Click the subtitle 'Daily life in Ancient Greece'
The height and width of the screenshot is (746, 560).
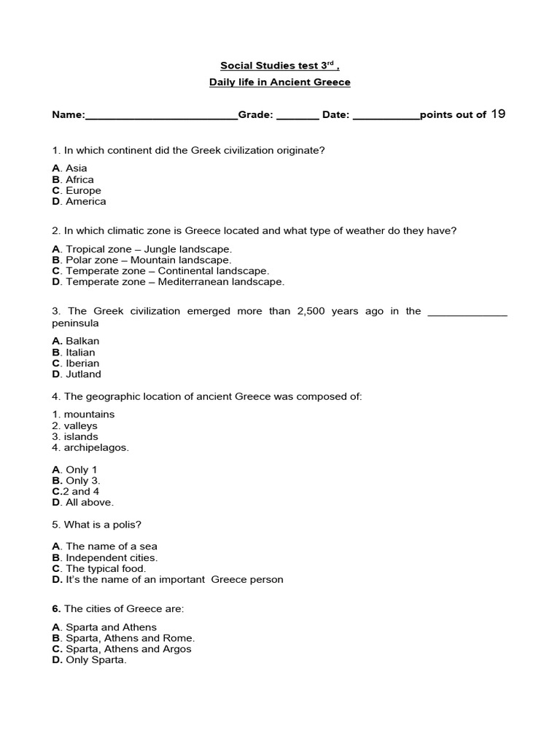[x=279, y=82]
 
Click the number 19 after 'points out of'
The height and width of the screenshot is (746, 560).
[x=498, y=114]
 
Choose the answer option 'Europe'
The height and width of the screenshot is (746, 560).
[x=83, y=190]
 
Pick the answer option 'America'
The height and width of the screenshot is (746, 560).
[x=85, y=201]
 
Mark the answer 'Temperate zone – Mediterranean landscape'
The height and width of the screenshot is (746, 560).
[x=175, y=281]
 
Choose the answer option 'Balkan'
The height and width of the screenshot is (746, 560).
[x=82, y=341]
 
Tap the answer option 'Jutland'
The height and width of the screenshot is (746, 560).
[x=83, y=374]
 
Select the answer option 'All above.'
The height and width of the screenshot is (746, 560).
[x=90, y=502]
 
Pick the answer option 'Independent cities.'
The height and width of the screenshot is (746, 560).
[x=111, y=557]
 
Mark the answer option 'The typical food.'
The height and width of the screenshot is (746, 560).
[x=106, y=568]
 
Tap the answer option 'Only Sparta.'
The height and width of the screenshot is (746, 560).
[x=96, y=660]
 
